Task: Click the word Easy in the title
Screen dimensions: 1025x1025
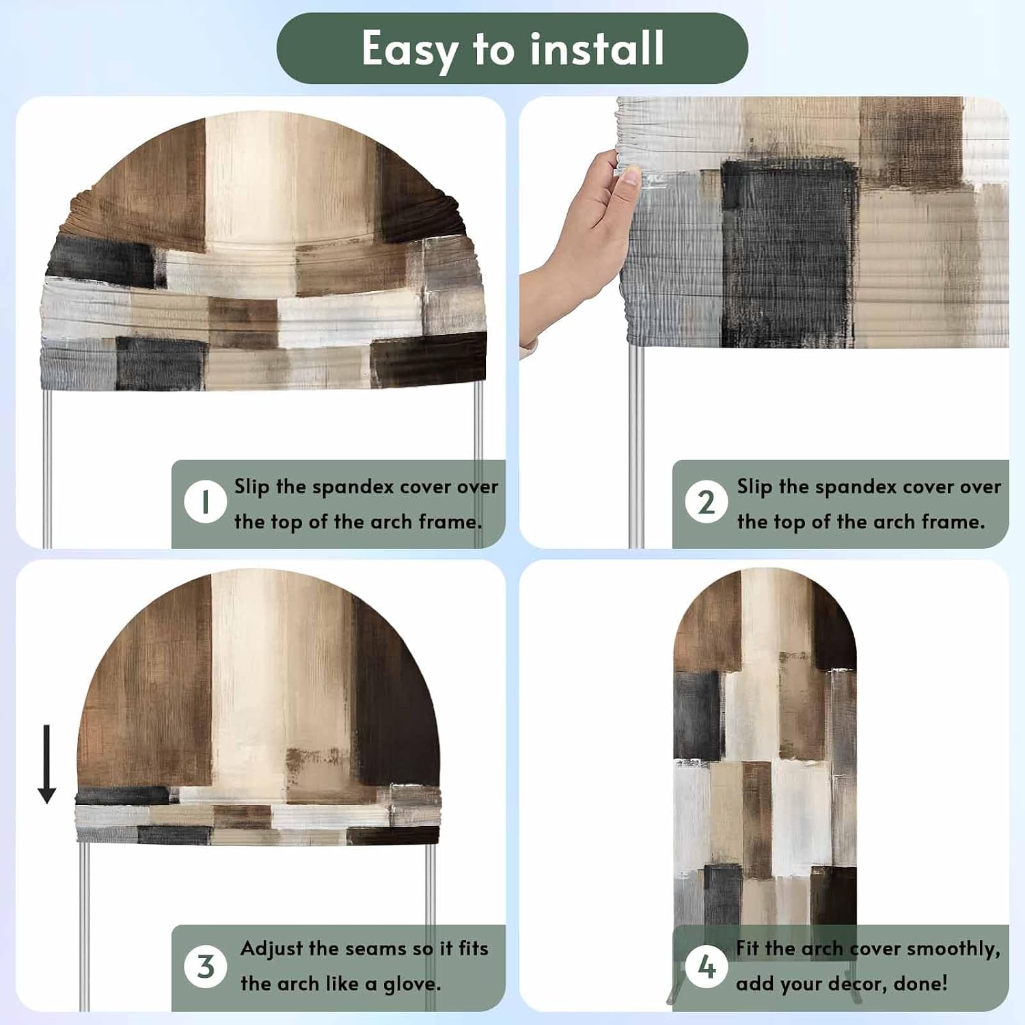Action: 410,50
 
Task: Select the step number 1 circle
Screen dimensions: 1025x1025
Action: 205,502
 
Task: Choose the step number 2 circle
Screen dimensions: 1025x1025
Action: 707,502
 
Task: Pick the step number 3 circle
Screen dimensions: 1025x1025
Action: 205,966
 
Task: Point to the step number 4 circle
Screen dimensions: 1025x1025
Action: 707,966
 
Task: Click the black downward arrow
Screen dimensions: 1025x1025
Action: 46,764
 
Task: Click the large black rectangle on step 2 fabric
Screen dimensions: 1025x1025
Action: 789,253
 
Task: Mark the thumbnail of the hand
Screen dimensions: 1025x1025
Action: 630,176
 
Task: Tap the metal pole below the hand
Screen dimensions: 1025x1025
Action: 635,444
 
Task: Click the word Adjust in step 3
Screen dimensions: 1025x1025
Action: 271,949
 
